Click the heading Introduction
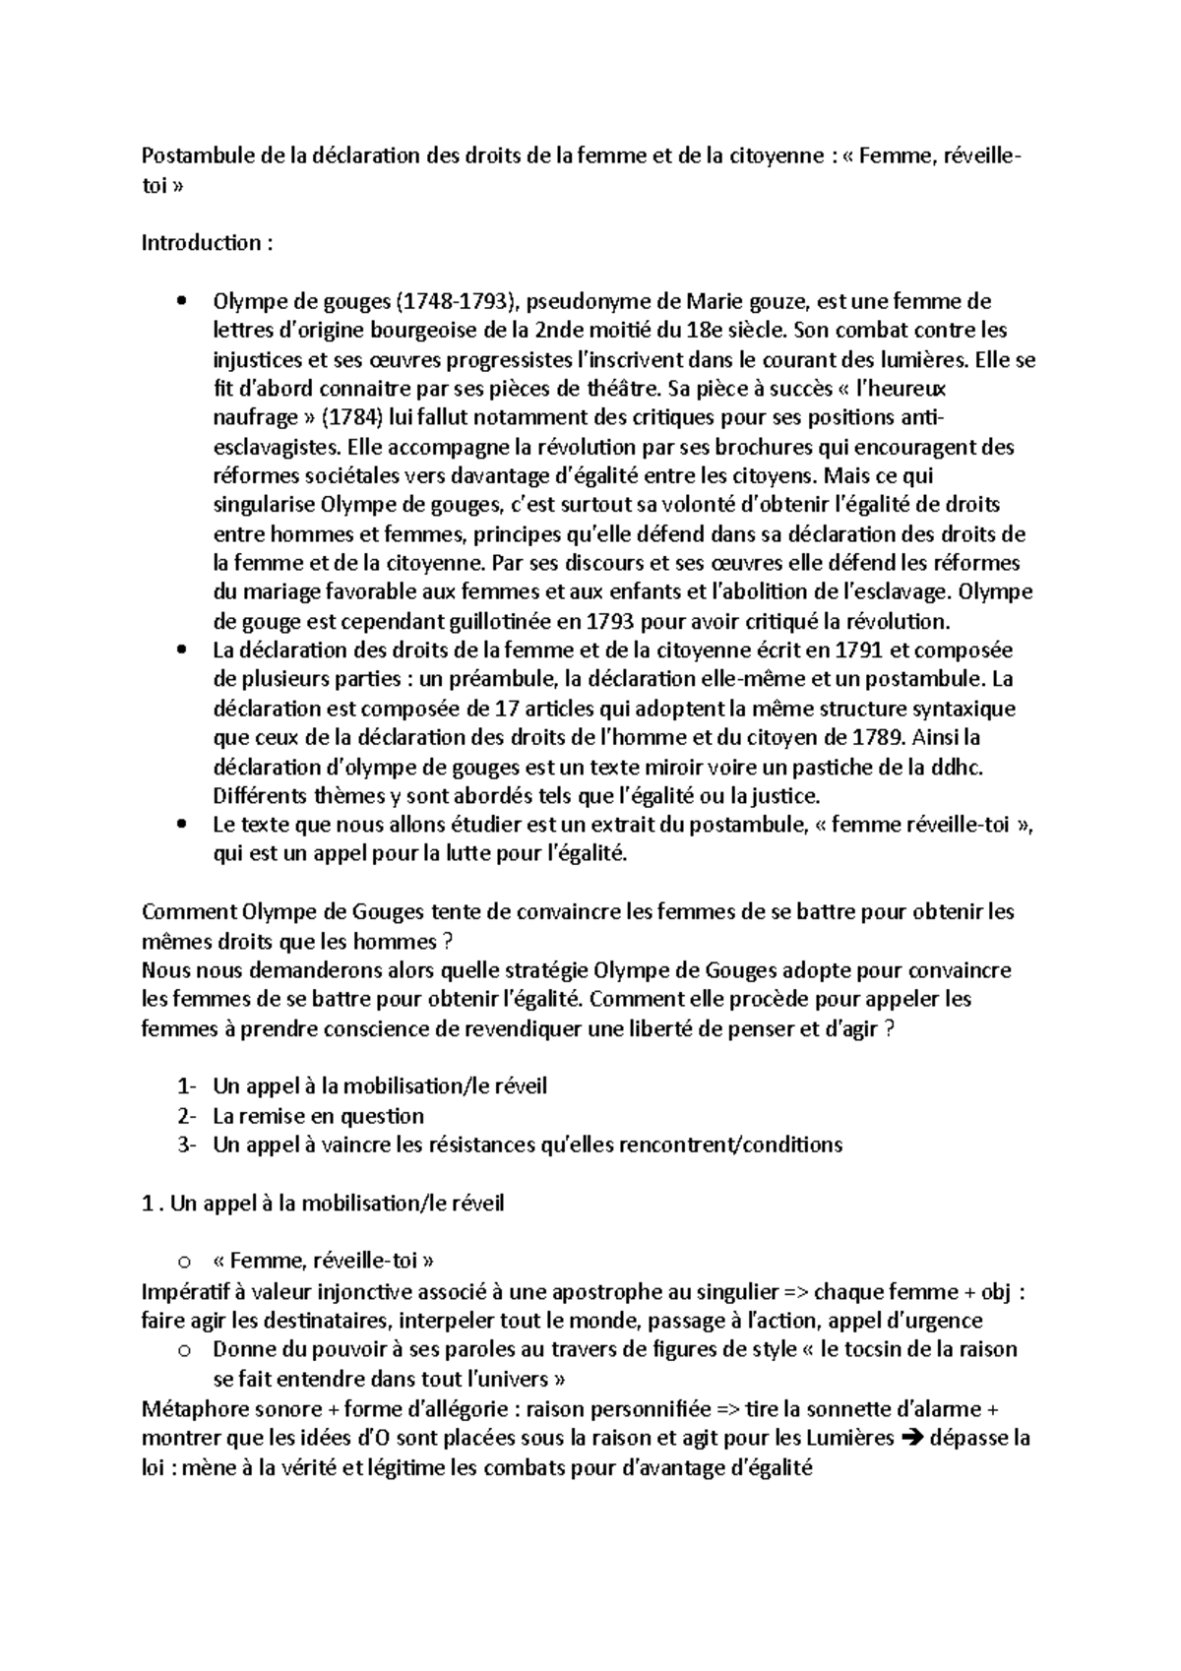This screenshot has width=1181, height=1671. pos(202,242)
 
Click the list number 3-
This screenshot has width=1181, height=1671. pos(187,1145)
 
